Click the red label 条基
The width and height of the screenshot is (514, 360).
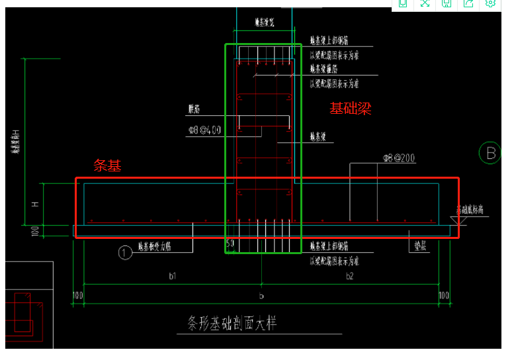107,166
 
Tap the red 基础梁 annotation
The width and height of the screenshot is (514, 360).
351,109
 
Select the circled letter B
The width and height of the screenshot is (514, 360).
491,153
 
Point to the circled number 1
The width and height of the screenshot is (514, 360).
124,251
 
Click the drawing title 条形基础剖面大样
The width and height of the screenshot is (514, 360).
230,324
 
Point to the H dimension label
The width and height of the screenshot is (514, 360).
35,203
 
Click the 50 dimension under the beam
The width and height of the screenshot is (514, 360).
230,244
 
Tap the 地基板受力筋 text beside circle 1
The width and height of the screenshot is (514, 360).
155,247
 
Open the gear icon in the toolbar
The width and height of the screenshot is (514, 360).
490,3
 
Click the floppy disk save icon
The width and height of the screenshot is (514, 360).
447,3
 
